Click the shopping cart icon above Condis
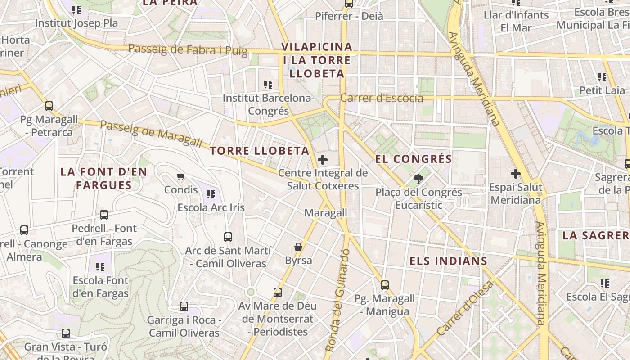click(180, 176)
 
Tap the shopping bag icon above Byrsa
click(298, 247)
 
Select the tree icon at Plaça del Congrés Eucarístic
click(418, 179)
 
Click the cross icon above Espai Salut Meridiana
click(516, 174)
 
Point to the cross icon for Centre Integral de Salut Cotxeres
click(322, 160)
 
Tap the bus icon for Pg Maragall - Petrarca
click(49, 106)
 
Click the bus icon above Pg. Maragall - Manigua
click(384, 285)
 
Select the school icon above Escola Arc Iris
click(211, 194)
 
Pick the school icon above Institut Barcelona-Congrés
click(268, 84)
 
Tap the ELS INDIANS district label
click(448, 261)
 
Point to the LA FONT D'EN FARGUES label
click(104, 179)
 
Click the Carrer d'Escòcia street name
click(382, 98)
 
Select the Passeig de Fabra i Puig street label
click(188, 49)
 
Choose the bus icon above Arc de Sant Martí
click(228, 237)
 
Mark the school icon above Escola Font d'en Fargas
click(100, 267)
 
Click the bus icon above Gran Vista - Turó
click(66, 333)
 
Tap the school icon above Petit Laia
click(602, 77)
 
